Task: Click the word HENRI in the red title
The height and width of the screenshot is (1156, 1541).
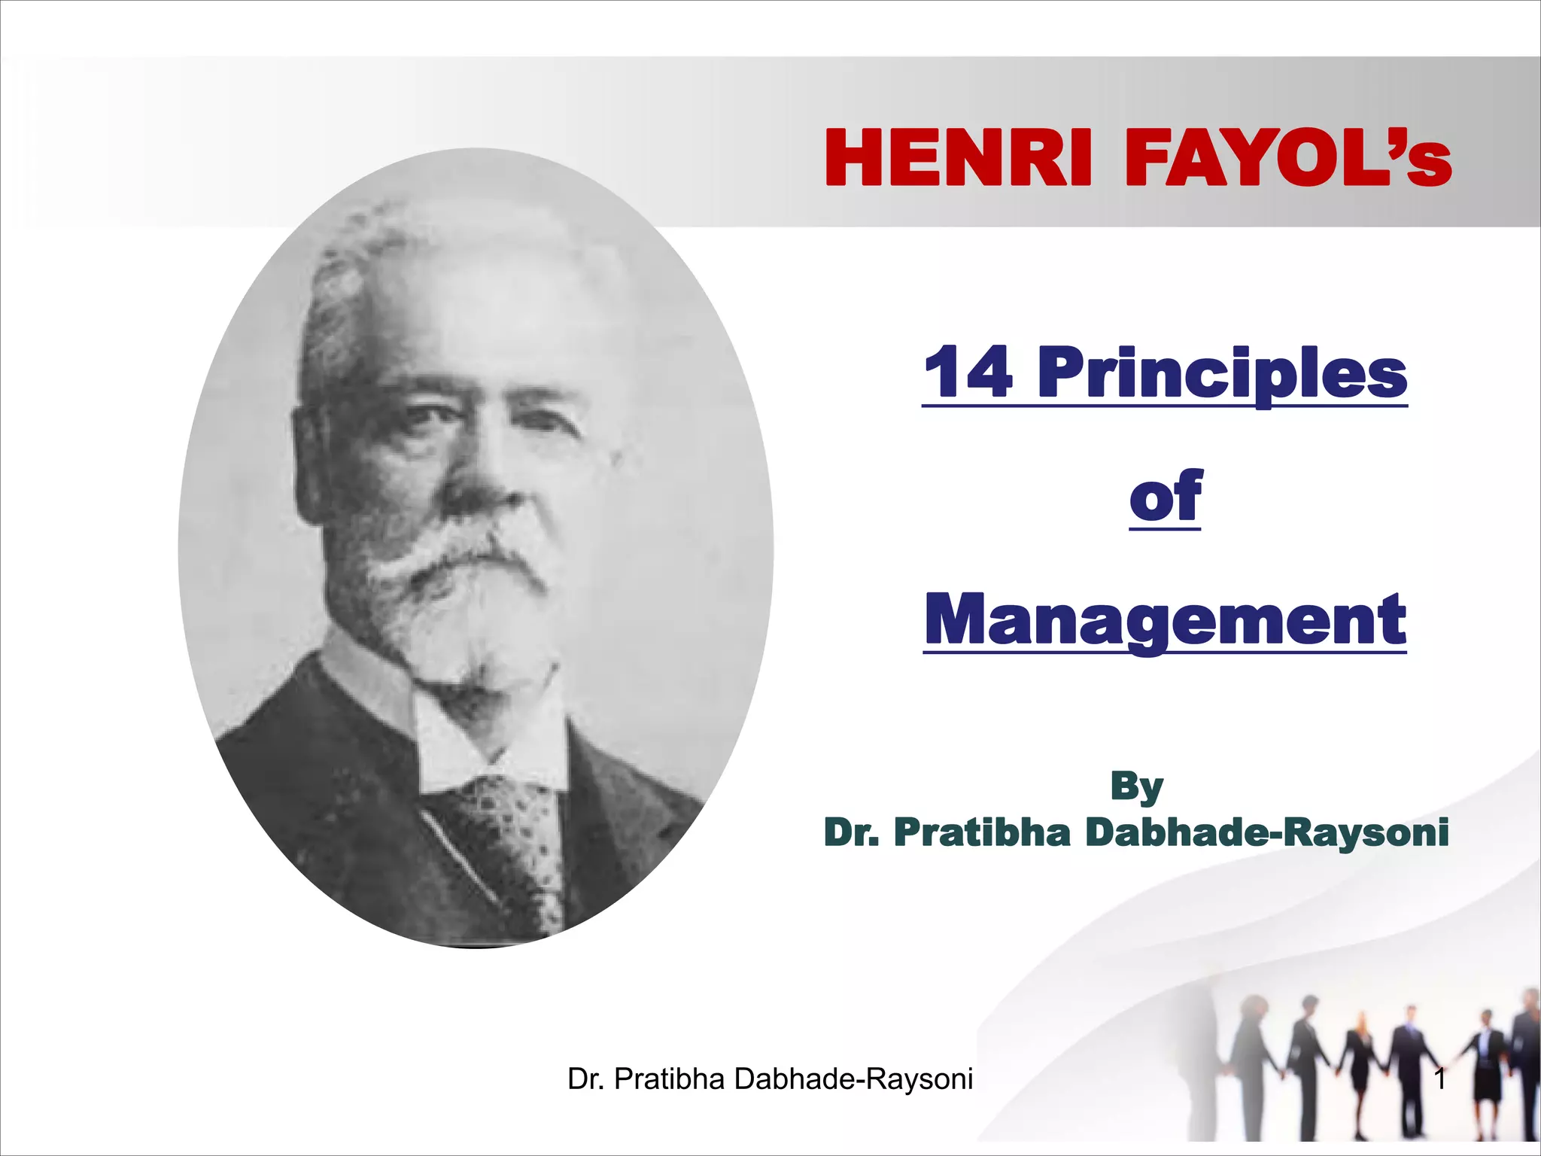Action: point(958,159)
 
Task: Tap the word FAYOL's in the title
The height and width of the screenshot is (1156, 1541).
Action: point(1287,159)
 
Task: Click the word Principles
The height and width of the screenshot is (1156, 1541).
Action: point(1222,373)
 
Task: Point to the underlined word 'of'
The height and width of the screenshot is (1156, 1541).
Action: point(1165,496)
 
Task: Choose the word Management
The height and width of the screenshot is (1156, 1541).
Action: point(1165,620)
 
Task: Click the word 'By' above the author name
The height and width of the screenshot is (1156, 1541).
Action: point(1136,786)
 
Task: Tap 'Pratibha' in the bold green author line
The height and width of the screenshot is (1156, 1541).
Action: point(982,832)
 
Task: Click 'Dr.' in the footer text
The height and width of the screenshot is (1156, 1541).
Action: point(587,1079)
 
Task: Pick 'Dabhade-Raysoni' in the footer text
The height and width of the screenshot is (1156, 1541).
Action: point(853,1079)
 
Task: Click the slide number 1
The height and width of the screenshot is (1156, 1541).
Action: point(1440,1079)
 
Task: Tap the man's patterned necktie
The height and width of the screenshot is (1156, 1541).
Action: point(519,843)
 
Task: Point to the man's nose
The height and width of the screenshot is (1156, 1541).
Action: point(482,482)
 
